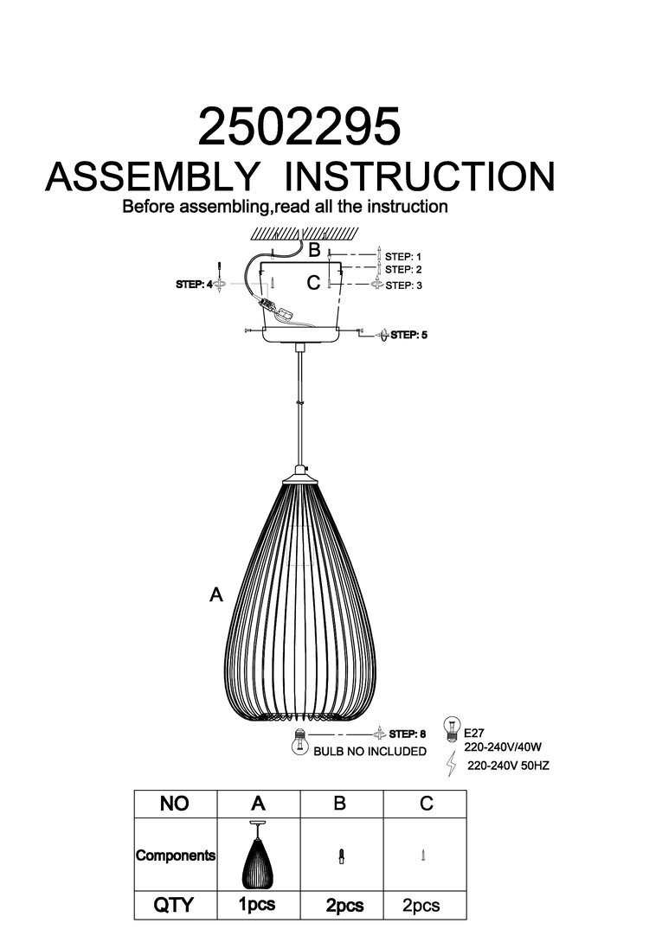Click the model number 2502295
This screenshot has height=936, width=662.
299,126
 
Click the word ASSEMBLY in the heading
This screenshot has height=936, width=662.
152,176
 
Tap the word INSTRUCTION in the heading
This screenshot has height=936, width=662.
420,176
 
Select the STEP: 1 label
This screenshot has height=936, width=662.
403,257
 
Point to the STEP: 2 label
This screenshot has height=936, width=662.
403,270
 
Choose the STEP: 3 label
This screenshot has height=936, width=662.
403,285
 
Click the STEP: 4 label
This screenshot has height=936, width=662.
194,285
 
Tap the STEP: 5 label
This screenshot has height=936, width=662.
409,335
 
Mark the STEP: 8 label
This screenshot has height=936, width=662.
407,734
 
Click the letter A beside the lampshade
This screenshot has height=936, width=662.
216,594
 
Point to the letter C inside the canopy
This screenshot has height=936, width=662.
313,282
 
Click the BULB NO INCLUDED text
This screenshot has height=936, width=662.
370,752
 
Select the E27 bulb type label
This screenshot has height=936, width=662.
473,733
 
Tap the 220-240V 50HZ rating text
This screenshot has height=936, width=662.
508,766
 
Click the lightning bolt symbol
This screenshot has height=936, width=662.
452,764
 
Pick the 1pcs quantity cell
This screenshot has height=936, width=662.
257,905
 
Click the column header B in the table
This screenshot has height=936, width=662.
340,803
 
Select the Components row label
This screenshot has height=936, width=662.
176,856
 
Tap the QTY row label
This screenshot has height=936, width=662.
174,904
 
